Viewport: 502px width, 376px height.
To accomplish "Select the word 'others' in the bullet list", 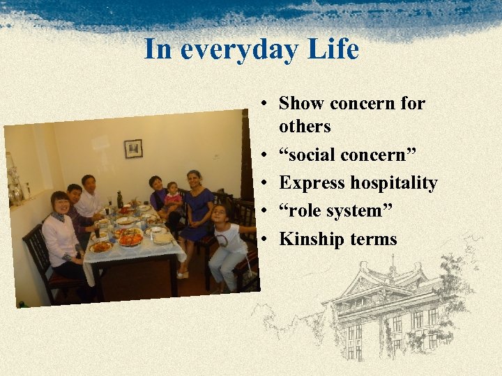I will (305, 127).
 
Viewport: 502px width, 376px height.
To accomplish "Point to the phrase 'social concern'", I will (338, 155).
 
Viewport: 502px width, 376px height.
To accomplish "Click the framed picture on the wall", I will (133, 148).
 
